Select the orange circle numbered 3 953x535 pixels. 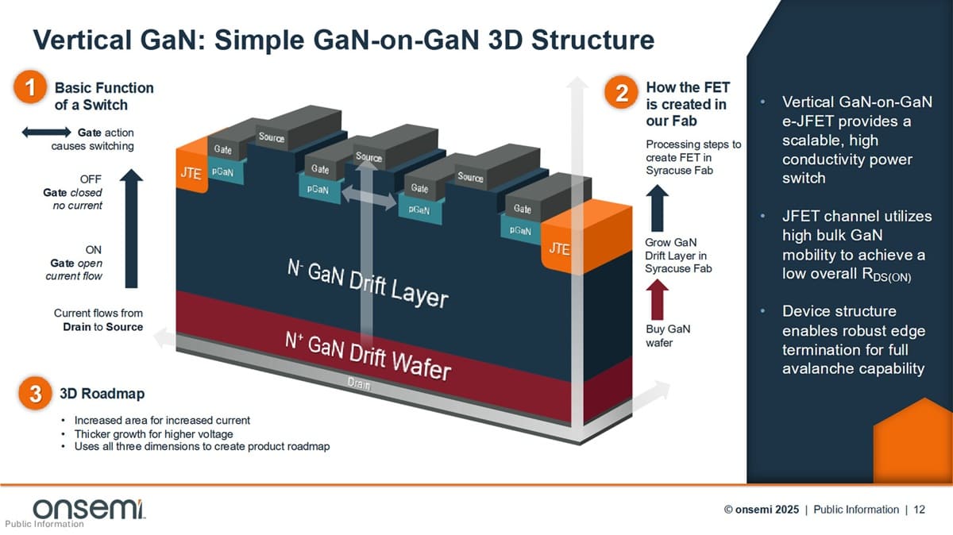click(35, 394)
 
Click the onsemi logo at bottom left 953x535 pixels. click(88, 509)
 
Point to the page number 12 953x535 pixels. click(919, 510)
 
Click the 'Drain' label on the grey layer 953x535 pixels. click(359, 384)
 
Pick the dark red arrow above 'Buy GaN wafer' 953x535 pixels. click(659, 300)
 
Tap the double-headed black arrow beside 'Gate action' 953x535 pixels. click(47, 133)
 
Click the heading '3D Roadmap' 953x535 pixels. click(102, 393)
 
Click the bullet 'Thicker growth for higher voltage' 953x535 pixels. click(153, 433)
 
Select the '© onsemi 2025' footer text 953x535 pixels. click(761, 510)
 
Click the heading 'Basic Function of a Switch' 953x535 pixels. click(104, 96)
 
